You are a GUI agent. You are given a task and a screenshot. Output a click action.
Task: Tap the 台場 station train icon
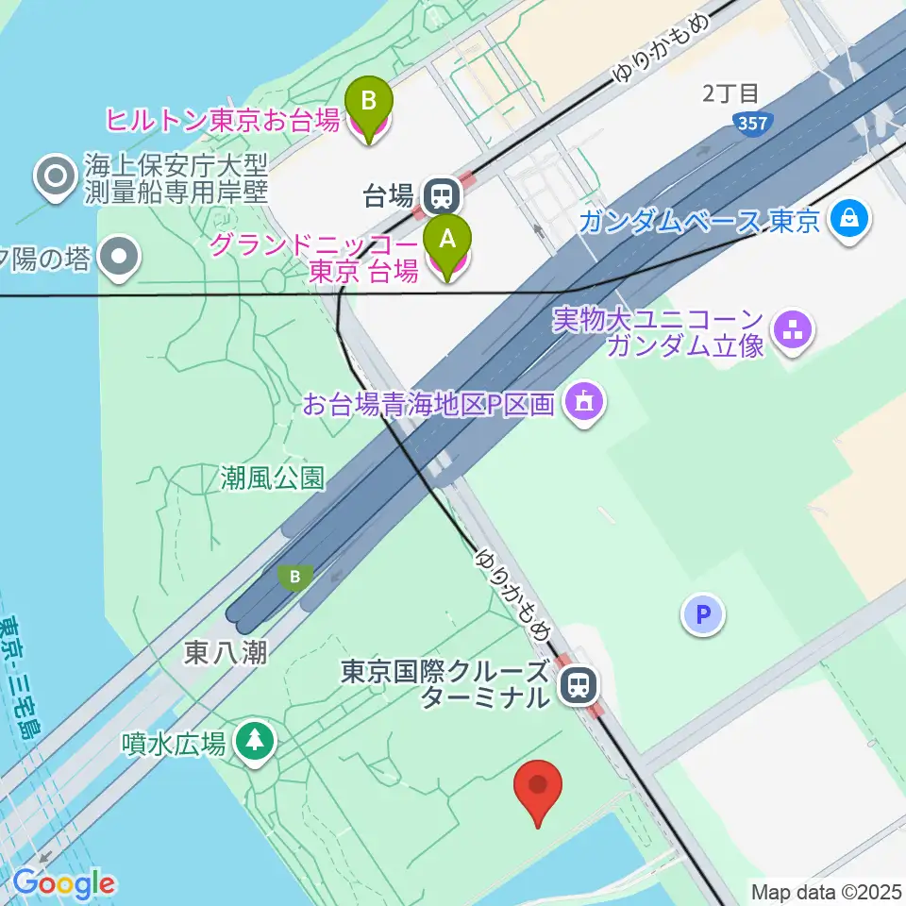(440, 196)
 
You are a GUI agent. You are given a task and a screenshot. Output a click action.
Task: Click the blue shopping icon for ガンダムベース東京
(851, 221)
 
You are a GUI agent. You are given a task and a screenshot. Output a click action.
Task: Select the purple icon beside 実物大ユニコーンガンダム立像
(793, 330)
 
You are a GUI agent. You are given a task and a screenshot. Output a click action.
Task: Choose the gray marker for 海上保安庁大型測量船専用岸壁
(55, 176)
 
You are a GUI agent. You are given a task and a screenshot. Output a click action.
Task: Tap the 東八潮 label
(225, 652)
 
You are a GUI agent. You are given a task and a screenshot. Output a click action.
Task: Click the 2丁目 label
(730, 93)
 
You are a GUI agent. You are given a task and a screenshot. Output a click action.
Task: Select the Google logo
(63, 884)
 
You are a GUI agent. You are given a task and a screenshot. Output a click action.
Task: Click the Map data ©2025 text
(826, 891)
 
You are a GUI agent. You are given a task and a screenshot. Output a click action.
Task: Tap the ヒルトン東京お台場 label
(223, 121)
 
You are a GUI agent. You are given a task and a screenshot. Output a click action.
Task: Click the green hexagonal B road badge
(296, 576)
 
